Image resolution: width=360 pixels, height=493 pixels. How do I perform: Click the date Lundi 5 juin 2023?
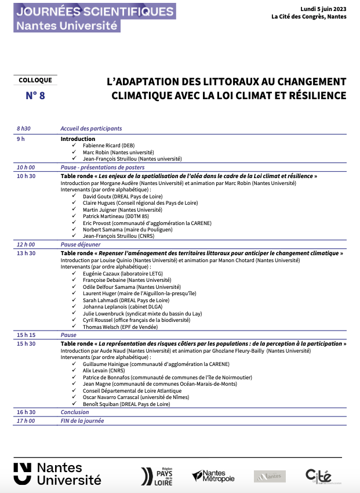[323, 9]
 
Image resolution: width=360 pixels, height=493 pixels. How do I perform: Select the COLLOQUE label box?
[35, 81]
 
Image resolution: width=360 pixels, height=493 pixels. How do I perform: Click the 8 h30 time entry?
[23, 129]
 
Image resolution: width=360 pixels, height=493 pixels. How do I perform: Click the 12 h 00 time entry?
[26, 245]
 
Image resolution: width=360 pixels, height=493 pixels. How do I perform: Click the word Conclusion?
[75, 412]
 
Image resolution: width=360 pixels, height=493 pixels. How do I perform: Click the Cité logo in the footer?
[318, 476]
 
